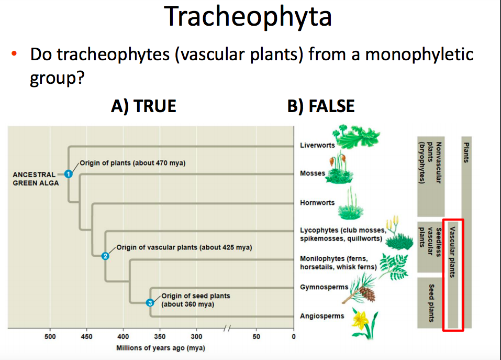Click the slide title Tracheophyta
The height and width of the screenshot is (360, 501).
click(x=248, y=17)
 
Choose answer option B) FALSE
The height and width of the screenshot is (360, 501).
click(x=320, y=106)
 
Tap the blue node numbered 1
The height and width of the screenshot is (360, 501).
click(x=68, y=174)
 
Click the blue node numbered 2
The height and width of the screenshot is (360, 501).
click(x=105, y=256)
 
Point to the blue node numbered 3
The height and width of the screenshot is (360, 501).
click(x=150, y=302)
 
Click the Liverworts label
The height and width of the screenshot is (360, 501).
click(x=317, y=145)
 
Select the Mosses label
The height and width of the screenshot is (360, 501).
click(x=313, y=173)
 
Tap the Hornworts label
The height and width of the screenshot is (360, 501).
click(x=317, y=203)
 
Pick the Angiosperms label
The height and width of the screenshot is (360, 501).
click(x=322, y=316)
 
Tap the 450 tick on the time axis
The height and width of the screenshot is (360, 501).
click(x=87, y=336)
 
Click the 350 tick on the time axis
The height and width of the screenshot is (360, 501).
click(x=160, y=336)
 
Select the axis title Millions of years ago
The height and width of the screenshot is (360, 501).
click(x=160, y=348)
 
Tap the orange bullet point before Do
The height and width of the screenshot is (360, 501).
click(x=15, y=54)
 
